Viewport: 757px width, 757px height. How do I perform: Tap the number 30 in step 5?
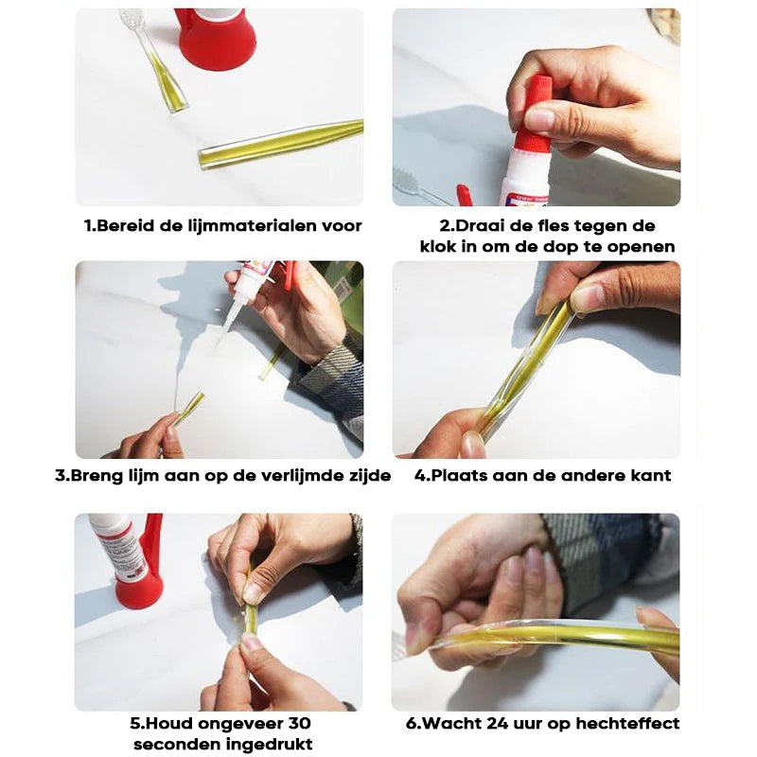pos(299,723)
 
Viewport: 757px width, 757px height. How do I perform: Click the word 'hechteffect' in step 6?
pos(627,723)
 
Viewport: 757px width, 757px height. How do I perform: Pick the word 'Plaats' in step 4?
pos(459,476)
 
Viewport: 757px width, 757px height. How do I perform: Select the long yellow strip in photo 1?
pos(280,144)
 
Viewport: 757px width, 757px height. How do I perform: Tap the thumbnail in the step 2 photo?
pos(539,119)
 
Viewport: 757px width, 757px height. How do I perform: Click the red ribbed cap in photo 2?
pos(533,114)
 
